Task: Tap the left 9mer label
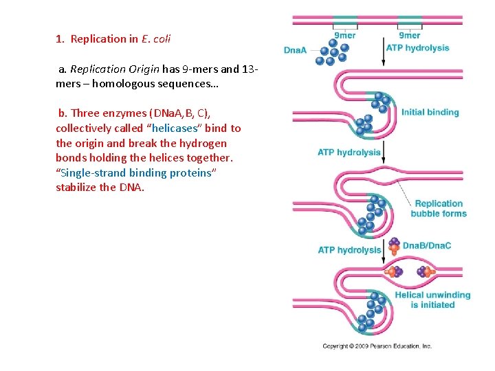pos(344,36)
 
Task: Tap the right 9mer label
pos(410,36)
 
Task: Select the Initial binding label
pos(430,112)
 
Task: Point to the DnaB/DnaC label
pos(426,245)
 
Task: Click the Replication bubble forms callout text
pos(439,208)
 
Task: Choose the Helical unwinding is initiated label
pos(432,300)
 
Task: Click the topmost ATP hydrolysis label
pos(417,48)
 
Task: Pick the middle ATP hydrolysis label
pos(349,153)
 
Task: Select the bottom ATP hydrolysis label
pos(349,250)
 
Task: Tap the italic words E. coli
pos(155,39)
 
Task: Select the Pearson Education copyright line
pos(377,346)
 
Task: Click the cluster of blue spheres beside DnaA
pos(333,51)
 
